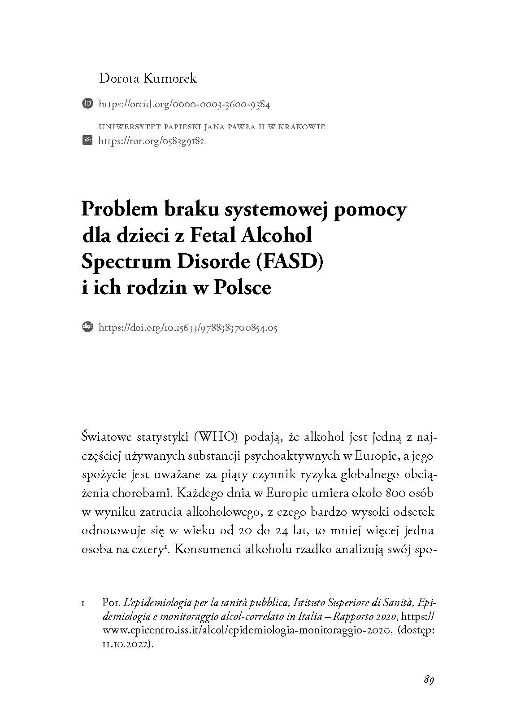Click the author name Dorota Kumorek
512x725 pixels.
[x=148, y=79]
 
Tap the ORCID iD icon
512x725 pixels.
[x=87, y=104]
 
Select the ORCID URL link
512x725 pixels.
[x=184, y=105]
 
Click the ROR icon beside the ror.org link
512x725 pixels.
[x=87, y=141]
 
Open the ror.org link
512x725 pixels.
[x=151, y=141]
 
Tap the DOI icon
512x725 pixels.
[x=87, y=327]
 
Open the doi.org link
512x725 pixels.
[x=187, y=328]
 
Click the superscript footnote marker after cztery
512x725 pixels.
[x=166, y=547]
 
